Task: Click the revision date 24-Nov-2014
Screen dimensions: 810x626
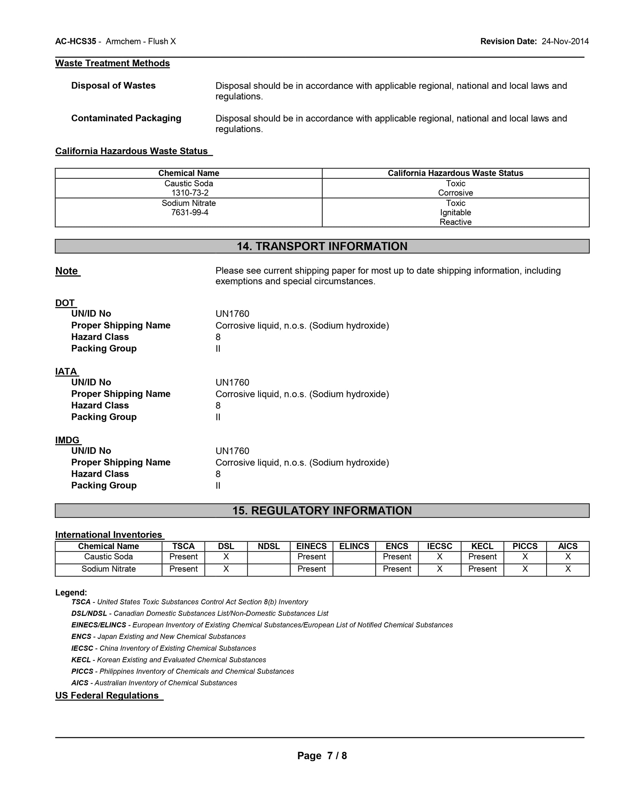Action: [x=565, y=41]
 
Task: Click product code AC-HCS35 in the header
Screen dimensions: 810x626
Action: [x=76, y=41]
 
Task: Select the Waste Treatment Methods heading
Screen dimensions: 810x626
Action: [x=112, y=63]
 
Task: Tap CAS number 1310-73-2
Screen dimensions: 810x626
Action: [x=189, y=193]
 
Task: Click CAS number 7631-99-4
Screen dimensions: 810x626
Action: [x=189, y=213]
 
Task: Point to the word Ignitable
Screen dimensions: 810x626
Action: [x=456, y=213]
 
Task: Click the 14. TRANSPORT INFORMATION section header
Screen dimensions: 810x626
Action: [x=322, y=246]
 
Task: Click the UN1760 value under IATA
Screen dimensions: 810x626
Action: [x=232, y=382]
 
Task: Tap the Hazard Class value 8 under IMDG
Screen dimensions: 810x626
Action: [x=218, y=474]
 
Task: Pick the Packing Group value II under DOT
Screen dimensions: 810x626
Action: [x=218, y=349]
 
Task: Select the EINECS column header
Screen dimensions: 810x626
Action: [x=311, y=546]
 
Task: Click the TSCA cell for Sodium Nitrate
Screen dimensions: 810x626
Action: [x=183, y=569]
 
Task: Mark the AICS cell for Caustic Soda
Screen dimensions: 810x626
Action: [x=567, y=557]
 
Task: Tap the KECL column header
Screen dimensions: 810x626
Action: [x=482, y=546]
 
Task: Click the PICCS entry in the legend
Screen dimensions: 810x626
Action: [x=82, y=671]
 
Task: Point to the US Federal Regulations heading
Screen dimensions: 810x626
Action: [x=107, y=695]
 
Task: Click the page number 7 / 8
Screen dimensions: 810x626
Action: [x=336, y=756]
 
